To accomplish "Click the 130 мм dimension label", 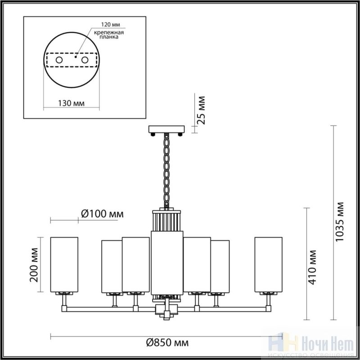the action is coord(71,103).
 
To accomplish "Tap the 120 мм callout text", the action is coord(111,25).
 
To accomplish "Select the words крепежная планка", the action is coord(109,35).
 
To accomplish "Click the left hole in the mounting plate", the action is coord(59,60).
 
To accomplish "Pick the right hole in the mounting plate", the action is coord(85,60).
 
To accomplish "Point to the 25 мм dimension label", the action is coord(201,110).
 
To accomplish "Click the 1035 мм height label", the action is coord(340,222).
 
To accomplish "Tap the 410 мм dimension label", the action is coord(312,267).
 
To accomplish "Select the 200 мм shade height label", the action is coord(34,265).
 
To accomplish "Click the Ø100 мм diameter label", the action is coord(103,214).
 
